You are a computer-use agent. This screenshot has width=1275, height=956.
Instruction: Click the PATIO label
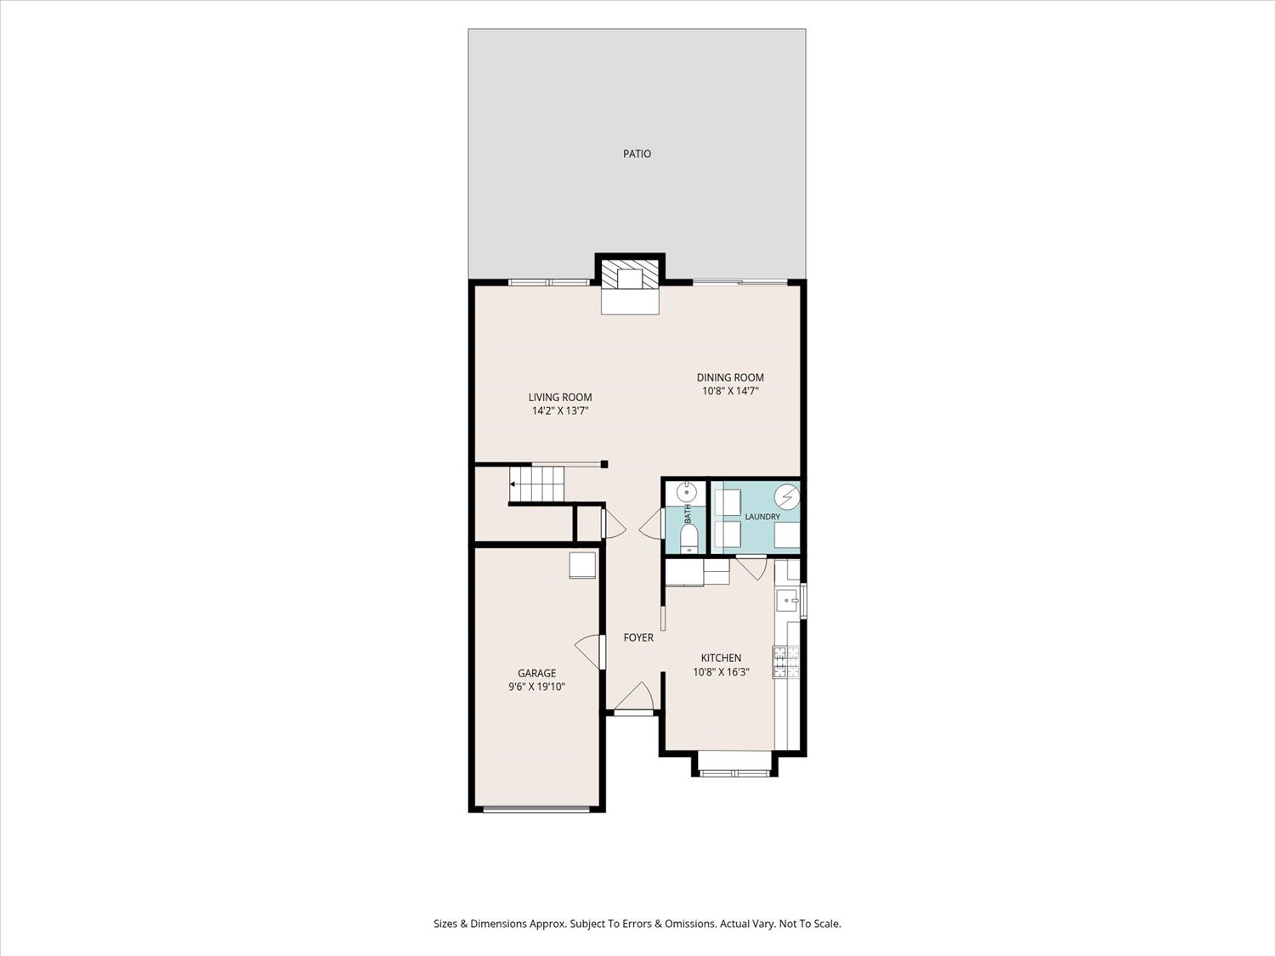point(637,154)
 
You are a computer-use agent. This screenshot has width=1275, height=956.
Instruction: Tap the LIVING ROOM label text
point(560,397)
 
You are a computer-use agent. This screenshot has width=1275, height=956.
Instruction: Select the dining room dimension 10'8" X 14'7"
point(730,391)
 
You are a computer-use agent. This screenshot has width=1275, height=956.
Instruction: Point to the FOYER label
point(638,637)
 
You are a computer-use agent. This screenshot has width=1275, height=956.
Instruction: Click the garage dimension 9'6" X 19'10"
point(536,687)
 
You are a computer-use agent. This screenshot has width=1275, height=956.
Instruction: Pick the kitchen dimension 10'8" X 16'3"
point(721,672)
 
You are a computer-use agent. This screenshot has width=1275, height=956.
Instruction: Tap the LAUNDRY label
point(762,517)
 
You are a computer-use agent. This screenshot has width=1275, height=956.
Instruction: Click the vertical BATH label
point(688,514)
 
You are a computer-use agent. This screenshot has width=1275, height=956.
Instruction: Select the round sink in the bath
point(687,493)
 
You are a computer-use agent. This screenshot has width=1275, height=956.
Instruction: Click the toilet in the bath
point(688,538)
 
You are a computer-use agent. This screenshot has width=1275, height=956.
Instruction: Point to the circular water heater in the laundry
point(788,496)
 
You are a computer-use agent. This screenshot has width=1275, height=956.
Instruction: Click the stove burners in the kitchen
point(786,662)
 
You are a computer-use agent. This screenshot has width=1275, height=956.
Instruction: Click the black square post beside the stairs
point(604,464)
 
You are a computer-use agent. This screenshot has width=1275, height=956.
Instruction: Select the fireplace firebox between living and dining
point(630,279)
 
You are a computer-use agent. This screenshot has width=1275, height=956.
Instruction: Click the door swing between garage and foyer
point(587,651)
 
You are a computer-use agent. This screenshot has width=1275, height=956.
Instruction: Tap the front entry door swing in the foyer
point(634,696)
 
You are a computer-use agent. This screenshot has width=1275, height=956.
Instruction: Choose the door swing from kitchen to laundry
point(752,569)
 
